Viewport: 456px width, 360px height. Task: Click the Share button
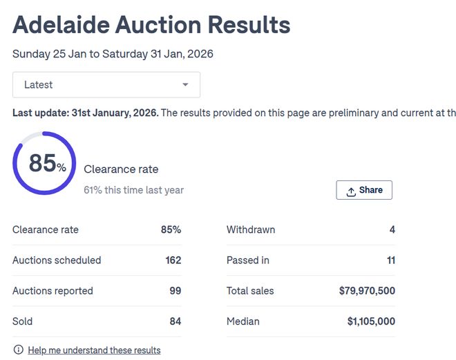click(364, 190)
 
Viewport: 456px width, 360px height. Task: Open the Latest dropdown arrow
click(185, 85)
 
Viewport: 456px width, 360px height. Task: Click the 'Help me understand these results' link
click(94, 350)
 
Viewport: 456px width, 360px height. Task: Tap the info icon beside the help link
click(18, 350)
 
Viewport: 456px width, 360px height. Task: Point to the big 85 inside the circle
click(42, 163)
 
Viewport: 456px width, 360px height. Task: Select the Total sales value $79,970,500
click(367, 291)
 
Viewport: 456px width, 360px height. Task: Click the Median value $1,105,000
click(371, 321)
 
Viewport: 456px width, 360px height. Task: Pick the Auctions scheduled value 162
click(173, 260)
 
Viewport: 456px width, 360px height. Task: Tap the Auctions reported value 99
click(175, 291)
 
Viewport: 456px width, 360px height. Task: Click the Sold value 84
click(175, 321)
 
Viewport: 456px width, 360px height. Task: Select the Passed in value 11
click(391, 260)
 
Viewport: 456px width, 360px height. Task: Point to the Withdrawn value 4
click(392, 229)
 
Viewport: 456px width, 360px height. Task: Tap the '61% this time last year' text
click(133, 190)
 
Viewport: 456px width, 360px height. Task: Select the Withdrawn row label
click(251, 229)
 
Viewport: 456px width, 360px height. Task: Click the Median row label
click(243, 321)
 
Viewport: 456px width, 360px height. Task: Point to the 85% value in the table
click(171, 229)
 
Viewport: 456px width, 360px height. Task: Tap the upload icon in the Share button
click(351, 191)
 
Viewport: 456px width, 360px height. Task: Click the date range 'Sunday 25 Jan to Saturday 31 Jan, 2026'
click(113, 54)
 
